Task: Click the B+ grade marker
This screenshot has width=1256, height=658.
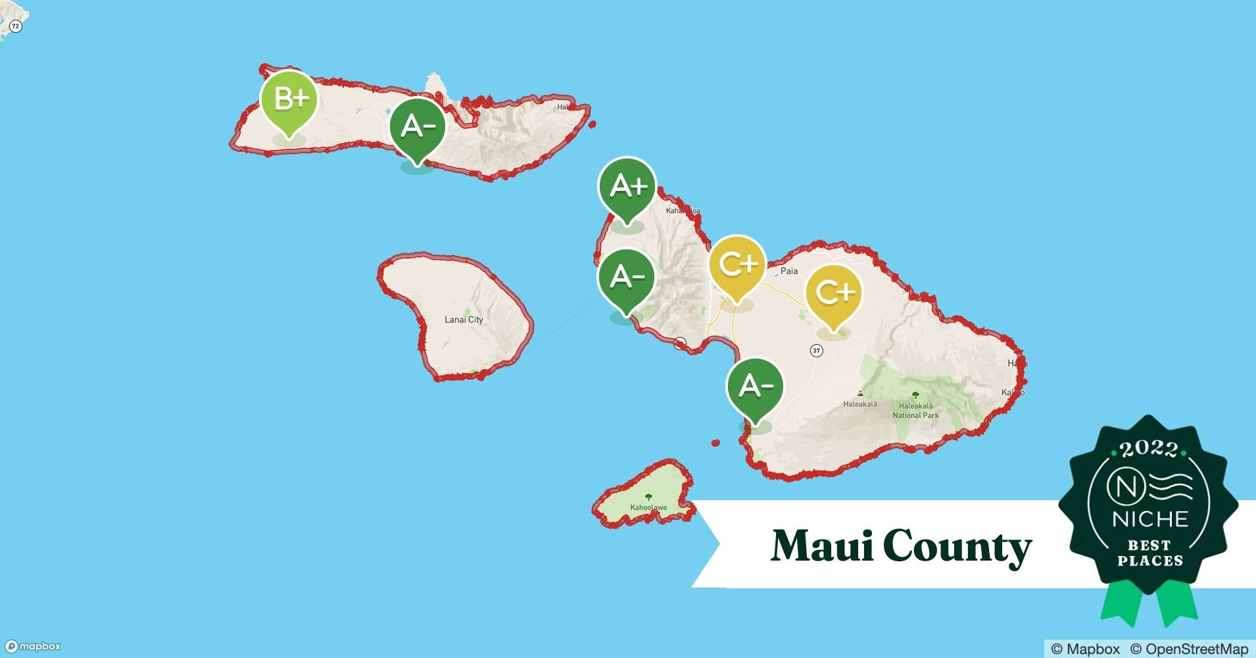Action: click(x=289, y=100)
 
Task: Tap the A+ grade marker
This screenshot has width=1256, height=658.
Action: click(x=627, y=187)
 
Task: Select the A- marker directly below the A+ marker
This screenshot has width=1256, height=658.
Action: click(x=626, y=278)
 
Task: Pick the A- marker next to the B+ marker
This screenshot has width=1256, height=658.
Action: click(x=417, y=126)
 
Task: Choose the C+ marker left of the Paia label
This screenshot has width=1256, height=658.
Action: click(x=737, y=265)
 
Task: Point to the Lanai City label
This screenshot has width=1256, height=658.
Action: click(x=464, y=320)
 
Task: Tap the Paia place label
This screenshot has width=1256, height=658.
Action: click(x=788, y=271)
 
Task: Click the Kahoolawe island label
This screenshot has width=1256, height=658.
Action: click(x=648, y=507)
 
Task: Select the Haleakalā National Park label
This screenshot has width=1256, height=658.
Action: click(x=915, y=411)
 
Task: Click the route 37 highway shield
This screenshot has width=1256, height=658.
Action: click(x=816, y=351)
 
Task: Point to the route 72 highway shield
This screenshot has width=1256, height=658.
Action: click(x=16, y=26)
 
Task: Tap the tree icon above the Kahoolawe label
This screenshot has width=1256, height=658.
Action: click(x=648, y=497)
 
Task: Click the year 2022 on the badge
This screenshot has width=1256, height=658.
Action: click(x=1148, y=449)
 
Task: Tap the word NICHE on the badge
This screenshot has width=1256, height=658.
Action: click(x=1149, y=519)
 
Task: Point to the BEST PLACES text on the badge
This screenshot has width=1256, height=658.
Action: click(x=1149, y=553)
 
